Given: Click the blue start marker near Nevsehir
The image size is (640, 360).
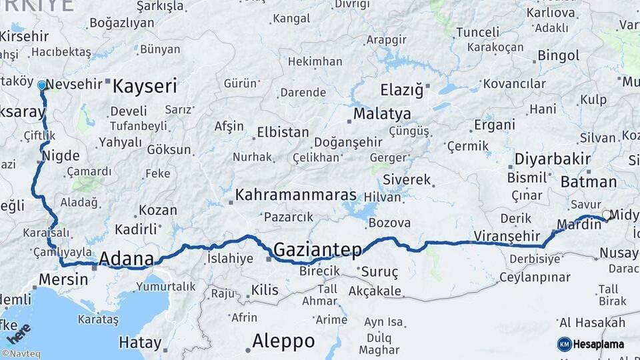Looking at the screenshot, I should pyautogui.click(x=42, y=85).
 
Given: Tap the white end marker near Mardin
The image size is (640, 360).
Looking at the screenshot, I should pyautogui.click(x=606, y=215).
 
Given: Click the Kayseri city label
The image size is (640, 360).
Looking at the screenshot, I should pyautogui.click(x=145, y=86).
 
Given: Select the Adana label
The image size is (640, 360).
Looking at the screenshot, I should pyautogui.click(x=127, y=259).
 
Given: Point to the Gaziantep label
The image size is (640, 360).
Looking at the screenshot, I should pyautogui.click(x=318, y=250).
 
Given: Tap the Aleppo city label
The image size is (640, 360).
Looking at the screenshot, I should pyautogui.click(x=283, y=341).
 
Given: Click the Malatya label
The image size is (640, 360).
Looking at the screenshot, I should pyautogui.click(x=382, y=114).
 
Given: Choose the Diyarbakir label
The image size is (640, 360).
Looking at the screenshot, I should pyautogui.click(x=553, y=159).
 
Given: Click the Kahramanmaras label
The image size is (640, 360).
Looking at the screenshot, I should pyautogui.click(x=296, y=197).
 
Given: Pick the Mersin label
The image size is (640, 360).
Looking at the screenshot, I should pyautogui.click(x=64, y=279).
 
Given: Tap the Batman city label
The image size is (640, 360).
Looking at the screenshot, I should pyautogui.click(x=589, y=181).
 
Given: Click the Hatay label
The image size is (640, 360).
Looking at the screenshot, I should pyautogui.click(x=140, y=343).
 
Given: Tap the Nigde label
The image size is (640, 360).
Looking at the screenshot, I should pyautogui.click(x=61, y=156).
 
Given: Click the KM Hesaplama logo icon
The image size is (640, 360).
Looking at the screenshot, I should pyautogui.click(x=565, y=344).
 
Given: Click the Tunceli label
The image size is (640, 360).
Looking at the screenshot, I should pyautogui.click(x=477, y=32).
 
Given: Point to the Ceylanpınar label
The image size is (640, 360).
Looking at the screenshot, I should pyautogui.click(x=535, y=277).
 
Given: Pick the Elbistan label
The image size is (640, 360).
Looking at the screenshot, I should pyautogui.click(x=282, y=132).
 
